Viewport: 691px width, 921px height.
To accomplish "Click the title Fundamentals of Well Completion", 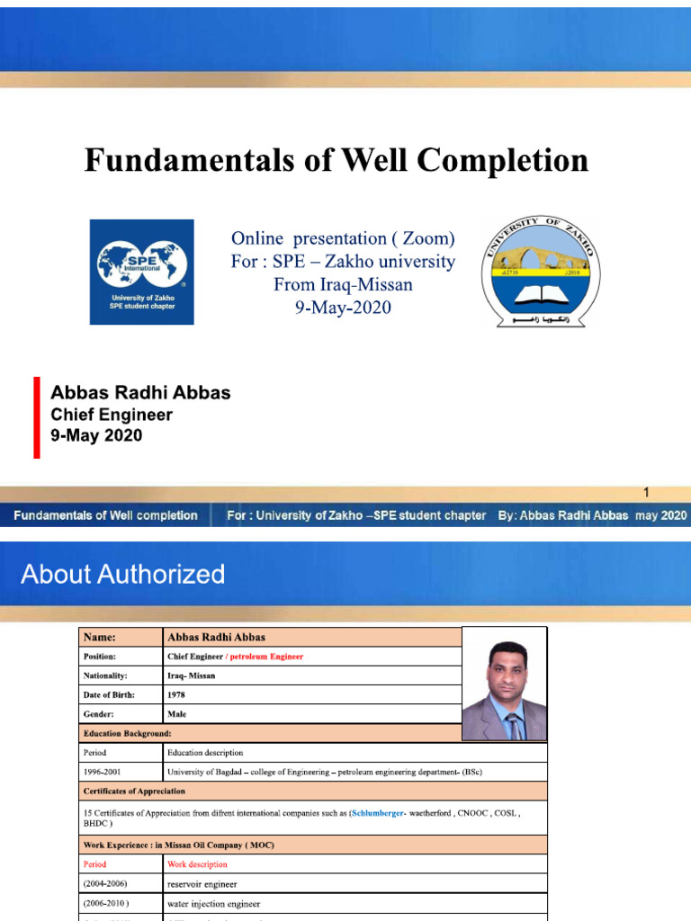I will click(x=337, y=161).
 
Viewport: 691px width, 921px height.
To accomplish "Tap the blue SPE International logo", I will click(x=141, y=272).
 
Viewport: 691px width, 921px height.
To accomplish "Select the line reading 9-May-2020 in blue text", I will click(x=342, y=308).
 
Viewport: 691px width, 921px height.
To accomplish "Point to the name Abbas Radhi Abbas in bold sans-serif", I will click(x=140, y=393).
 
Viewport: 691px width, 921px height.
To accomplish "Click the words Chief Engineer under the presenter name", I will click(x=112, y=415).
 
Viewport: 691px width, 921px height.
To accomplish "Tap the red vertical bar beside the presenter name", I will click(x=37, y=417).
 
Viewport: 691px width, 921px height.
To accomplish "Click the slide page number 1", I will click(x=645, y=493).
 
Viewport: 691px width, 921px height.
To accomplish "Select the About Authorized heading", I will click(x=123, y=574).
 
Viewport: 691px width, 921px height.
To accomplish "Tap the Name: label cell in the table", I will click(x=100, y=637).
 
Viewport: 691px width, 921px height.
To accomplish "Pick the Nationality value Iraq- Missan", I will click(x=191, y=675).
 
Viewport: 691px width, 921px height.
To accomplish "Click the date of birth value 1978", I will click(x=176, y=695).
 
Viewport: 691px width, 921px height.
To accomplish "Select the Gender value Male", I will click(x=176, y=714).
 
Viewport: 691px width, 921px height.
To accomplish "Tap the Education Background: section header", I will click(x=127, y=734).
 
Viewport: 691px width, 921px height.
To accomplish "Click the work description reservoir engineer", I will click(x=202, y=884).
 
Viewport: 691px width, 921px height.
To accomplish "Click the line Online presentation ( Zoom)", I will click(x=343, y=238).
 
